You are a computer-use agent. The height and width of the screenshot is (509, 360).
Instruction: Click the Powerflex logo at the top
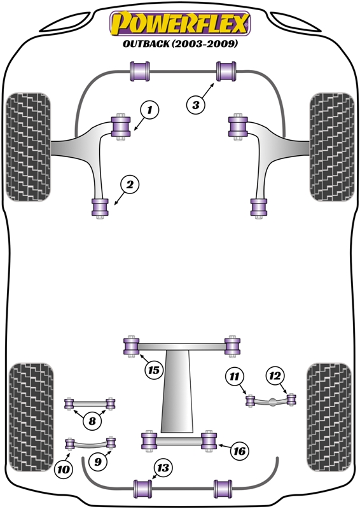(180, 24)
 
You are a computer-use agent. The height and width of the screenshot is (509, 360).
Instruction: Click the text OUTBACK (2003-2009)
(180, 43)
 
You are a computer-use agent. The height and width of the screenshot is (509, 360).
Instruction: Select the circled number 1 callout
(149, 110)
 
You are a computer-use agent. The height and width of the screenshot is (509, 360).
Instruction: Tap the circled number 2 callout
(130, 185)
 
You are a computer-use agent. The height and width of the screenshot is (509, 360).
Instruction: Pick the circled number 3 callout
(196, 105)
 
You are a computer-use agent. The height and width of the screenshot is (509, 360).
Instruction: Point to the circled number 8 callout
(92, 421)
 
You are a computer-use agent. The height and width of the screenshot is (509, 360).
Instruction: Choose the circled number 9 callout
(98, 461)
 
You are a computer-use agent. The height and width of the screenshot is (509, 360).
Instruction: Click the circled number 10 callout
(64, 469)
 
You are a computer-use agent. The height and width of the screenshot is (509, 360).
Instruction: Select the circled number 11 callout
(234, 376)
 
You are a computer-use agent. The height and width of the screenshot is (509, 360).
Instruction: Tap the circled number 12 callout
(275, 375)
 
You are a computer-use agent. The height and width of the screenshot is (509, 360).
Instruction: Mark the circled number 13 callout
(163, 468)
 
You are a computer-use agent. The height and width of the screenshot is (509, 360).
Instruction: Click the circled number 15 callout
(153, 370)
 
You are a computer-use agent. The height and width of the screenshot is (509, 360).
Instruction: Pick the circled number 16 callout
(240, 451)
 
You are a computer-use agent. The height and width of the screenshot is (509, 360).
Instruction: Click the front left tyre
(28, 147)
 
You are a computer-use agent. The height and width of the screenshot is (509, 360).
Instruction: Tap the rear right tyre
(329, 417)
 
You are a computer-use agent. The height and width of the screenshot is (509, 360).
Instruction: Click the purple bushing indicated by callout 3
(226, 71)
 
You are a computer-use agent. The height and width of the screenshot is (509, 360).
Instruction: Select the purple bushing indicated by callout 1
(121, 127)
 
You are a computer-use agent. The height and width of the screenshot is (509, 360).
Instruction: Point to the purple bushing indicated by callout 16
(209, 440)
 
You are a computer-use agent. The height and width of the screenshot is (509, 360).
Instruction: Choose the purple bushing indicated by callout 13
(143, 489)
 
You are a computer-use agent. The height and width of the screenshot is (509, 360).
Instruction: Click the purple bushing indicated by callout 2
(100, 207)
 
